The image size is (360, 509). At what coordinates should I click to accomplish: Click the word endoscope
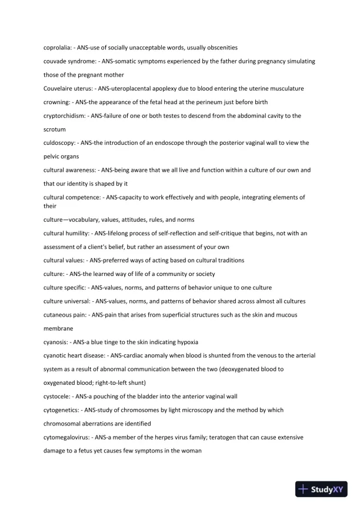(x=179, y=143)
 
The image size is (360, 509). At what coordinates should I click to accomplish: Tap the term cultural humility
(x=65, y=234)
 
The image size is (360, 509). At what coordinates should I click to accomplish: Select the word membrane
(x=58, y=328)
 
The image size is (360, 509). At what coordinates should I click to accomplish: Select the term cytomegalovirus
(x=66, y=437)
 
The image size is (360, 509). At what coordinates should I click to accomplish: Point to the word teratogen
(x=233, y=437)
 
